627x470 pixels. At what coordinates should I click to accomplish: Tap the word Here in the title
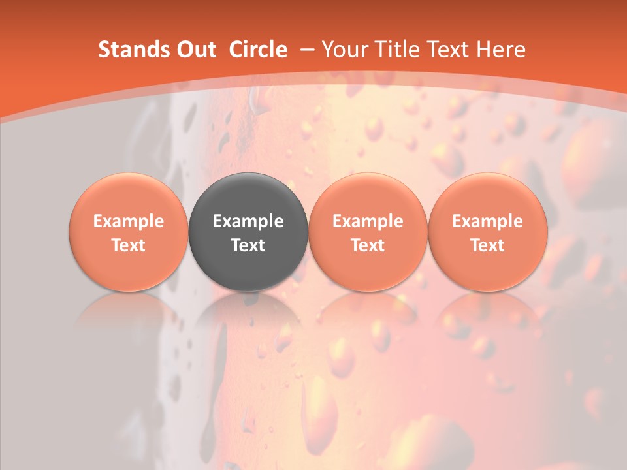point(500,50)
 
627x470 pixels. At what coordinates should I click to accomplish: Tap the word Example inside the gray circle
point(248,221)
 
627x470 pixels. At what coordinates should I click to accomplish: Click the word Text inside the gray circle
point(248,245)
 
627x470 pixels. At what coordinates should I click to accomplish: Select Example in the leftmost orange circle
point(128,221)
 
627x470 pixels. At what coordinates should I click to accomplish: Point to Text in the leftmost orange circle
point(128,245)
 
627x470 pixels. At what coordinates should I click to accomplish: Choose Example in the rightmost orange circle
point(487,221)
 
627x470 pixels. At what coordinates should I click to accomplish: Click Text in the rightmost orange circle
point(487,245)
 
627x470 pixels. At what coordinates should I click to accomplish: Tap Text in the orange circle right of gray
point(368,245)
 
